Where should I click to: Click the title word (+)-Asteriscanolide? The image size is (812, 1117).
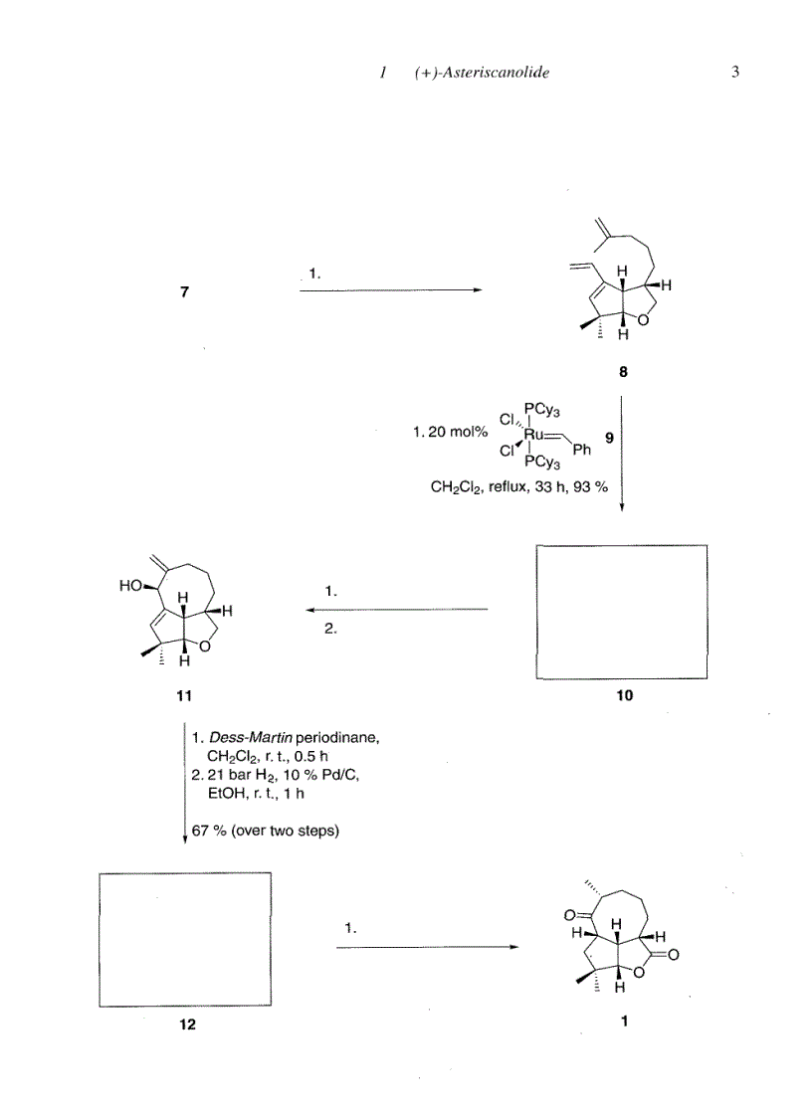tap(482, 74)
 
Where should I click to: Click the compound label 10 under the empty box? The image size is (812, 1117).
tap(624, 696)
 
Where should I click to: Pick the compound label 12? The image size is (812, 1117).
tap(186, 1025)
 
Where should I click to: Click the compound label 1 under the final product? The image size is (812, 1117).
tap(624, 1019)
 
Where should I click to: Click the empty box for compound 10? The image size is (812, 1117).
tap(622, 611)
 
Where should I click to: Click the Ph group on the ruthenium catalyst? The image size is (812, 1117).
tap(582, 451)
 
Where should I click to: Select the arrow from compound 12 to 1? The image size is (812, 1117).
tap(427, 947)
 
